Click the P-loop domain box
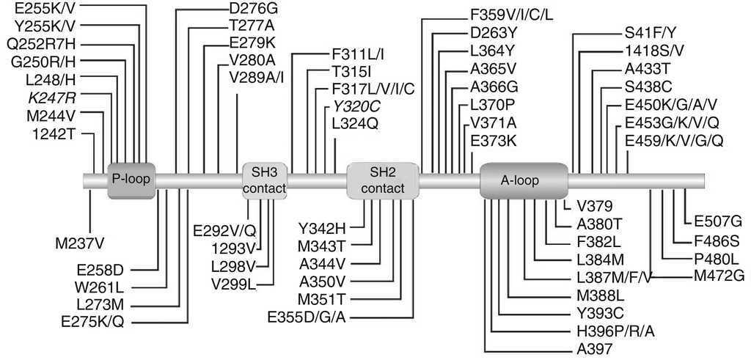[132, 179]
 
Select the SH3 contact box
[264, 180]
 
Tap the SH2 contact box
[382, 180]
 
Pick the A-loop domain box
[524, 180]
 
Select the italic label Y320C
[356, 106]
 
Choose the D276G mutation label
[254, 10]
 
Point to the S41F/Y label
[650, 33]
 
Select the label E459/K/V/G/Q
[674, 139]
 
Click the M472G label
[719, 275]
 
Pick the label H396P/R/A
[615, 331]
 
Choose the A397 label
[594, 348]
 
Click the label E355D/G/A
[317, 316]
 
